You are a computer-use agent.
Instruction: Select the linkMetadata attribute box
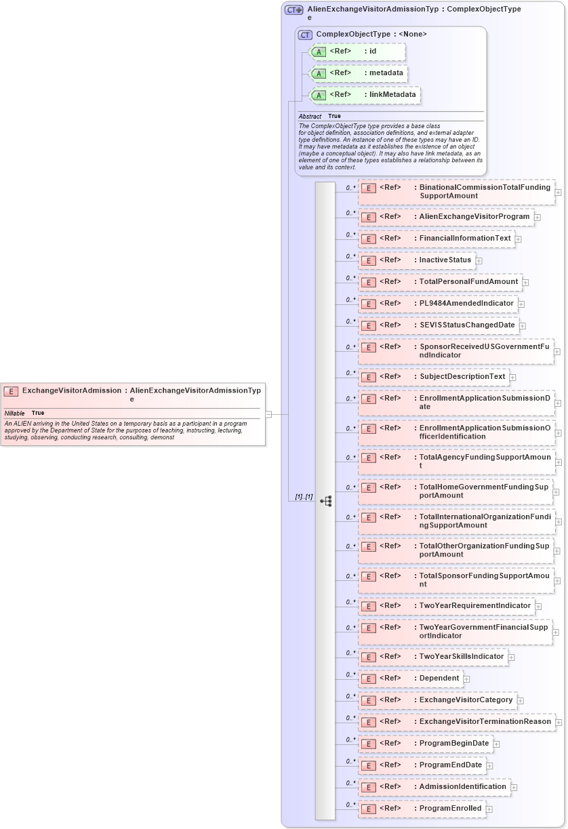click(364, 95)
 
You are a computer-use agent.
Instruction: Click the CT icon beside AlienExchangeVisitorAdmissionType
click(293, 10)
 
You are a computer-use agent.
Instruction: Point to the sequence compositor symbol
click(325, 501)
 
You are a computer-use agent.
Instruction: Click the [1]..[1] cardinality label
click(303, 497)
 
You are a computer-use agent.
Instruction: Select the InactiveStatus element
click(416, 260)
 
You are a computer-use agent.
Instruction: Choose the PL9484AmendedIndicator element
click(437, 304)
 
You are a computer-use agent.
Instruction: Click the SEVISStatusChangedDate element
click(438, 325)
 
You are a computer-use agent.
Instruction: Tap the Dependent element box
click(410, 679)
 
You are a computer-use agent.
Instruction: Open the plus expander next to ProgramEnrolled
click(489, 809)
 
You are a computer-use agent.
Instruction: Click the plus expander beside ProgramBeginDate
click(496, 744)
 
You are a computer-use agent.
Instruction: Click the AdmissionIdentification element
click(434, 787)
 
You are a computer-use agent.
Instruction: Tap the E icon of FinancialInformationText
click(367, 239)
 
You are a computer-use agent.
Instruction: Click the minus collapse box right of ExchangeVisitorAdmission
click(268, 413)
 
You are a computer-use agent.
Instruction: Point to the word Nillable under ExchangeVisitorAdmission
click(14, 413)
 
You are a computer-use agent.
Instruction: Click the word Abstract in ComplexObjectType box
click(310, 117)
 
